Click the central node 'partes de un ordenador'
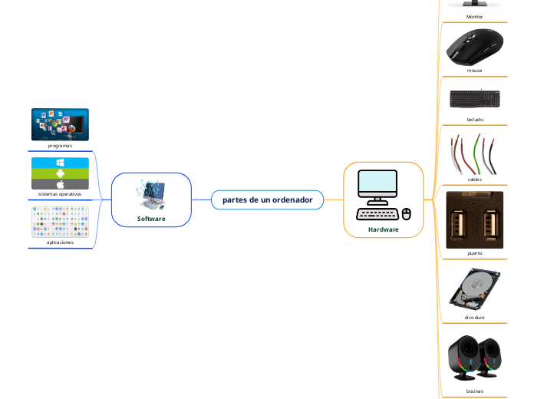point(267,200)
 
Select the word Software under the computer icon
point(151,219)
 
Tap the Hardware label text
point(384,229)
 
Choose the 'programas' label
point(60,145)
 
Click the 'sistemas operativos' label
point(60,193)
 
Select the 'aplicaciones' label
point(60,242)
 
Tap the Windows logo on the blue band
point(60,163)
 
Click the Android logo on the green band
point(60,173)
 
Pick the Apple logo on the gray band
point(60,184)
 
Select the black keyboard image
point(475,99)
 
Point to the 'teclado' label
point(475,119)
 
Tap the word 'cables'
point(475,179)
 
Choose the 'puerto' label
point(475,252)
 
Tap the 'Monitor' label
point(475,15)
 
